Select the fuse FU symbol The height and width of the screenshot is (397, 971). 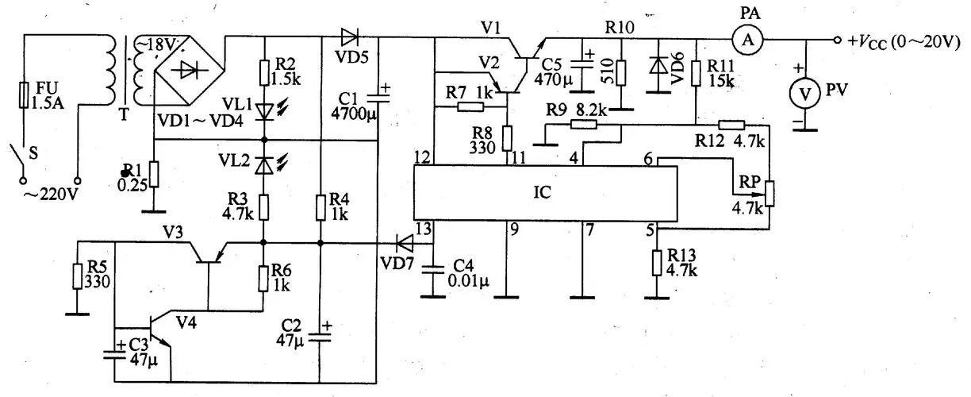(x=25, y=94)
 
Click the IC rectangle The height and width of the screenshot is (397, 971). (x=545, y=193)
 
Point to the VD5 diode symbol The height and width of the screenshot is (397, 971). (x=350, y=37)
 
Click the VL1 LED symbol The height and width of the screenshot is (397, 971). (x=264, y=112)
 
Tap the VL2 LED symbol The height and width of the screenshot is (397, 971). (x=264, y=165)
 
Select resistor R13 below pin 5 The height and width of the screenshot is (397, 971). (x=657, y=263)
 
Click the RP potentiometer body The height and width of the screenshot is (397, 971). (x=770, y=194)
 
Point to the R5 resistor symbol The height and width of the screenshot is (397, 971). (x=78, y=276)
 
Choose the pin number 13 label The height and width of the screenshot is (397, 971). (x=423, y=228)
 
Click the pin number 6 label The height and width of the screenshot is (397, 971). (x=648, y=160)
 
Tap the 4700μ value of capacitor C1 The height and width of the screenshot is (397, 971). (x=354, y=114)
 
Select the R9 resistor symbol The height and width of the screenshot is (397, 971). (x=583, y=125)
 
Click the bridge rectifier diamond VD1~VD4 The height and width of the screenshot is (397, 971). (x=189, y=69)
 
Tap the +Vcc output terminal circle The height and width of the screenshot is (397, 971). (x=838, y=40)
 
